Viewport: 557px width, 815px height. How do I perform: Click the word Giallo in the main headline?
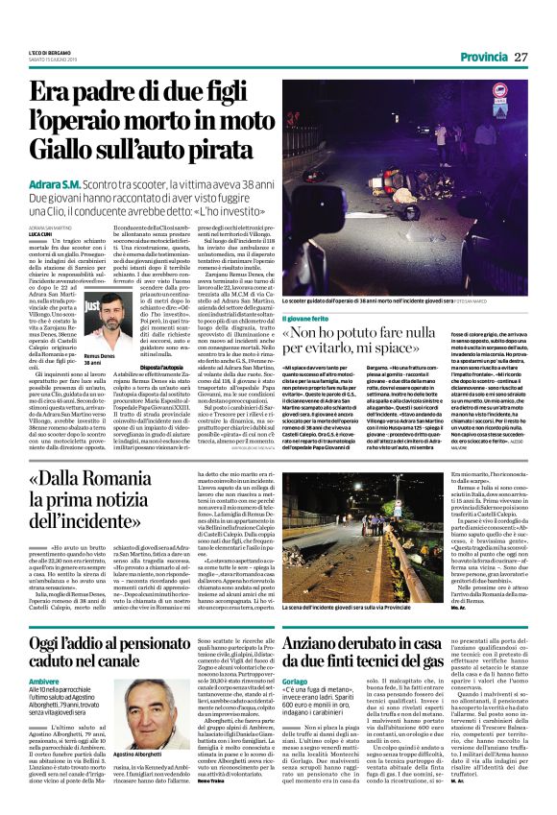click(x=66, y=149)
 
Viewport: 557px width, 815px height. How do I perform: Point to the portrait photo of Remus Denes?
click(x=102, y=324)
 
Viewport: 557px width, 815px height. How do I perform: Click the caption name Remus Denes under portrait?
click(x=99, y=356)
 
